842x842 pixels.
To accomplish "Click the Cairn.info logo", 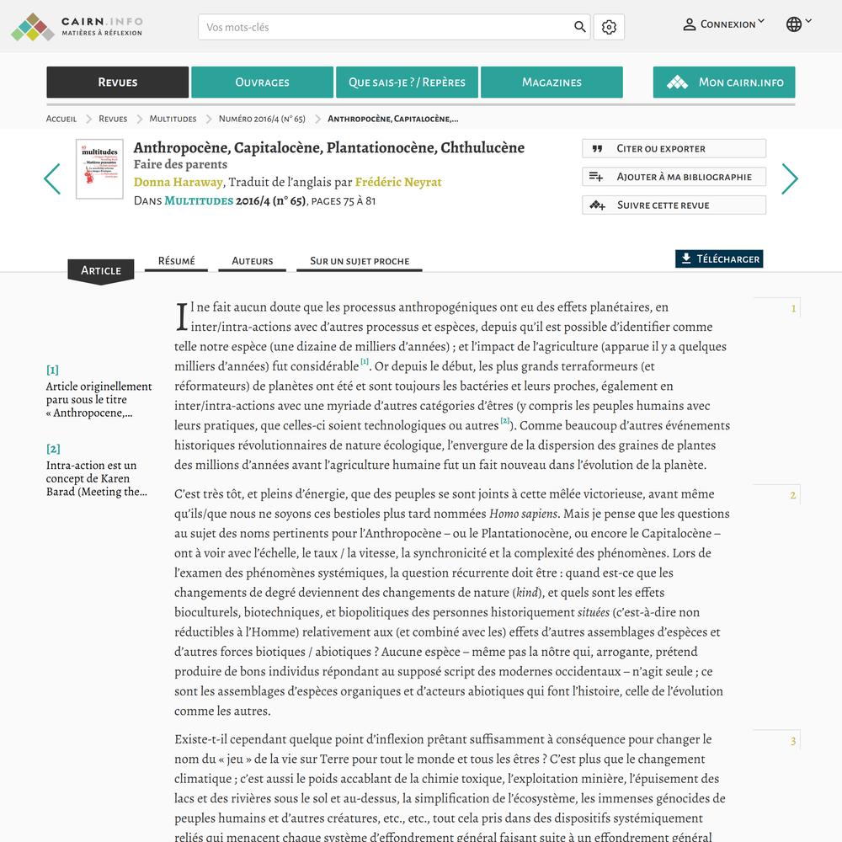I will [77, 26].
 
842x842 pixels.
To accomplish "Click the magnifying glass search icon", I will [580, 27].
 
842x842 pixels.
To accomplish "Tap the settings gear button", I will [609, 27].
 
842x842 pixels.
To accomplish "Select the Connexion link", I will [723, 24].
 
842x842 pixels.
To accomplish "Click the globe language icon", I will [794, 24].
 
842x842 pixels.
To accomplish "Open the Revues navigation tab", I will [117, 83].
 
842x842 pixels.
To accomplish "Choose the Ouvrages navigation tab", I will [262, 83].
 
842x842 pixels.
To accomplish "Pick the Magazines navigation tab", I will [552, 83].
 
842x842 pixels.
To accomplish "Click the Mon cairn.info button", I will [724, 83].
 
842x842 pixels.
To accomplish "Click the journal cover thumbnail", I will [99, 169].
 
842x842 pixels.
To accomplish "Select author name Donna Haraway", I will [179, 182].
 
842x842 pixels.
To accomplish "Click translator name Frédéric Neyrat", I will [398, 182].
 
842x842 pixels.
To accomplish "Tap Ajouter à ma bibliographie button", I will [674, 177].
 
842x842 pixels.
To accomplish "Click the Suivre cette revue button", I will [674, 205].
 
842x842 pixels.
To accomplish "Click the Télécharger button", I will [719, 259].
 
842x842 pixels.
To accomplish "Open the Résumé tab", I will [176, 261].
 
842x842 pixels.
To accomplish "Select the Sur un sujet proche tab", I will [360, 261].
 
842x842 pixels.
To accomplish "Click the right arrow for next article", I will [789, 179].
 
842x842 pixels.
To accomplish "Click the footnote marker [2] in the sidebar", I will [53, 449].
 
